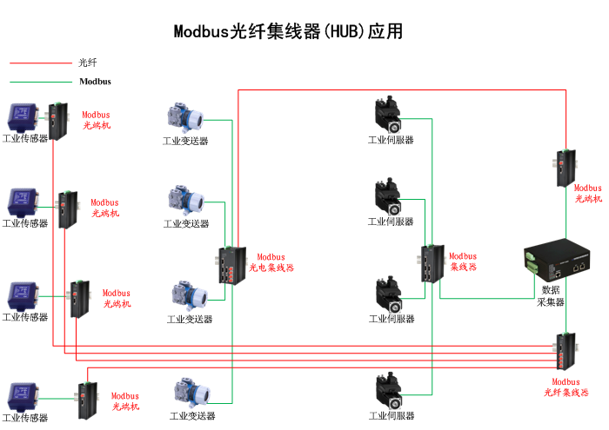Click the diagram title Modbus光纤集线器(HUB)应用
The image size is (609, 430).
(288, 32)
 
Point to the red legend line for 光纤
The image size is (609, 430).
(40, 63)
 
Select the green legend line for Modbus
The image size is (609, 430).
(40, 82)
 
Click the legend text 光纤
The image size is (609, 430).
(87, 63)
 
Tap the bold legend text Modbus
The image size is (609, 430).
(95, 82)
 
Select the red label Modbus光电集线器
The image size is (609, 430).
(271, 262)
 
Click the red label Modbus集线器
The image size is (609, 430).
(463, 261)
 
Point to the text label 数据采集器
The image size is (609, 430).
(551, 295)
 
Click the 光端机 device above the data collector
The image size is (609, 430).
(565, 167)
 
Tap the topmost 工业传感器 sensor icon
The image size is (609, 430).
(23, 116)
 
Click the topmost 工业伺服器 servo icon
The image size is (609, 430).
(387, 116)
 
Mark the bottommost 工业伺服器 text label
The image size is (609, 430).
(391, 416)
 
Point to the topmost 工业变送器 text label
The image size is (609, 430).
(185, 141)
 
